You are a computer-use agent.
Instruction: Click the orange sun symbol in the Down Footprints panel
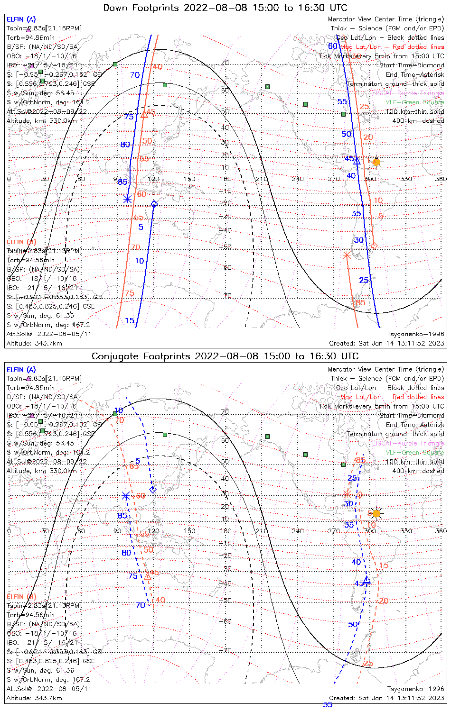tap(376, 162)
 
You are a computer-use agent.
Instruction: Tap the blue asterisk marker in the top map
tap(127, 199)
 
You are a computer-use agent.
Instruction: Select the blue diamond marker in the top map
tap(154, 204)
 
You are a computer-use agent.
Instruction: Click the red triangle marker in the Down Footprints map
tap(144, 115)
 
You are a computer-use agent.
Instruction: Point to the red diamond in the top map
tap(374, 246)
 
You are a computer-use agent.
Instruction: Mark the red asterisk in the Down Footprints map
tap(347, 255)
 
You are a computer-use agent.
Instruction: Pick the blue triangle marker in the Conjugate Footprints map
tap(366, 580)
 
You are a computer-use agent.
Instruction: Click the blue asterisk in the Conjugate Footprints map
tap(126, 495)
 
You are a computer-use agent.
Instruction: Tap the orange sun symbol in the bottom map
tap(376, 513)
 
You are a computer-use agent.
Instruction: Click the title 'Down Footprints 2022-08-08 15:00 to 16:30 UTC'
tap(225, 8)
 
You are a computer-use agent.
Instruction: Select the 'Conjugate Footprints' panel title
tap(225, 356)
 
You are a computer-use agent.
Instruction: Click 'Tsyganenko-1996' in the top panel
tap(416, 334)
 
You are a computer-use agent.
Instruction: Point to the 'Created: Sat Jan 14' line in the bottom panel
tap(386, 698)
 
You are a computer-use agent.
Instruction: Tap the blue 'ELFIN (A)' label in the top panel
tap(21, 19)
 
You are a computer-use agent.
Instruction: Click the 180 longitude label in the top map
tap(225, 179)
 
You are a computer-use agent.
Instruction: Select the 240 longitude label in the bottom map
tap(298, 531)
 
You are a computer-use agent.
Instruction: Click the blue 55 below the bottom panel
tap(328, 705)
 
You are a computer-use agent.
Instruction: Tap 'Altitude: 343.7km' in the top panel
tap(34, 343)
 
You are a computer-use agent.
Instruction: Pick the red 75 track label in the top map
tap(129, 293)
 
